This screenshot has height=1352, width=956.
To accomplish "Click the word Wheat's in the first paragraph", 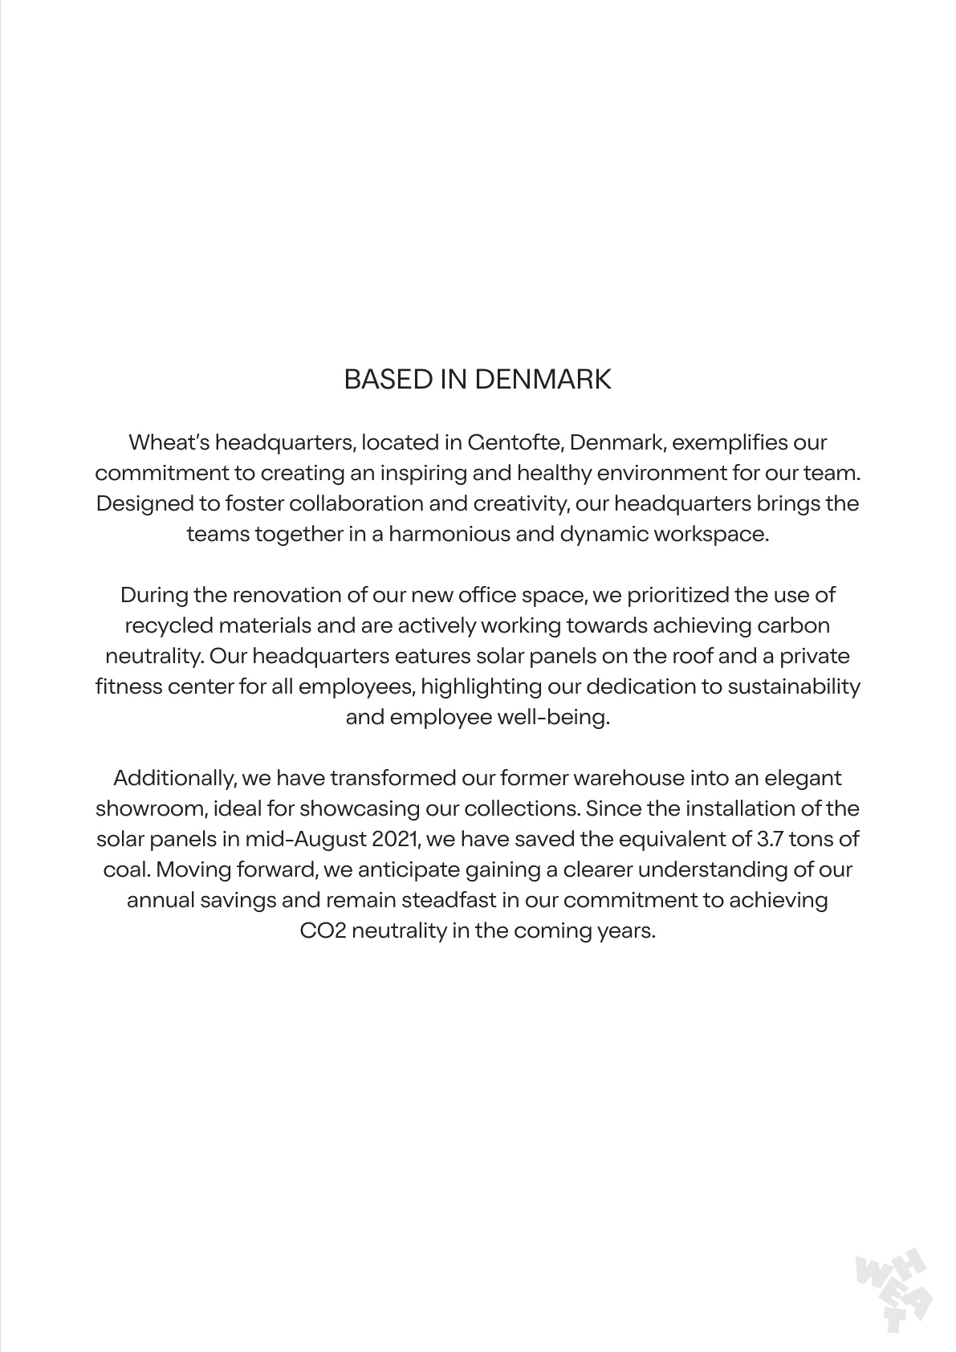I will tap(169, 442).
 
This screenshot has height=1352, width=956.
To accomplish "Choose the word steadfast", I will tap(449, 900).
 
